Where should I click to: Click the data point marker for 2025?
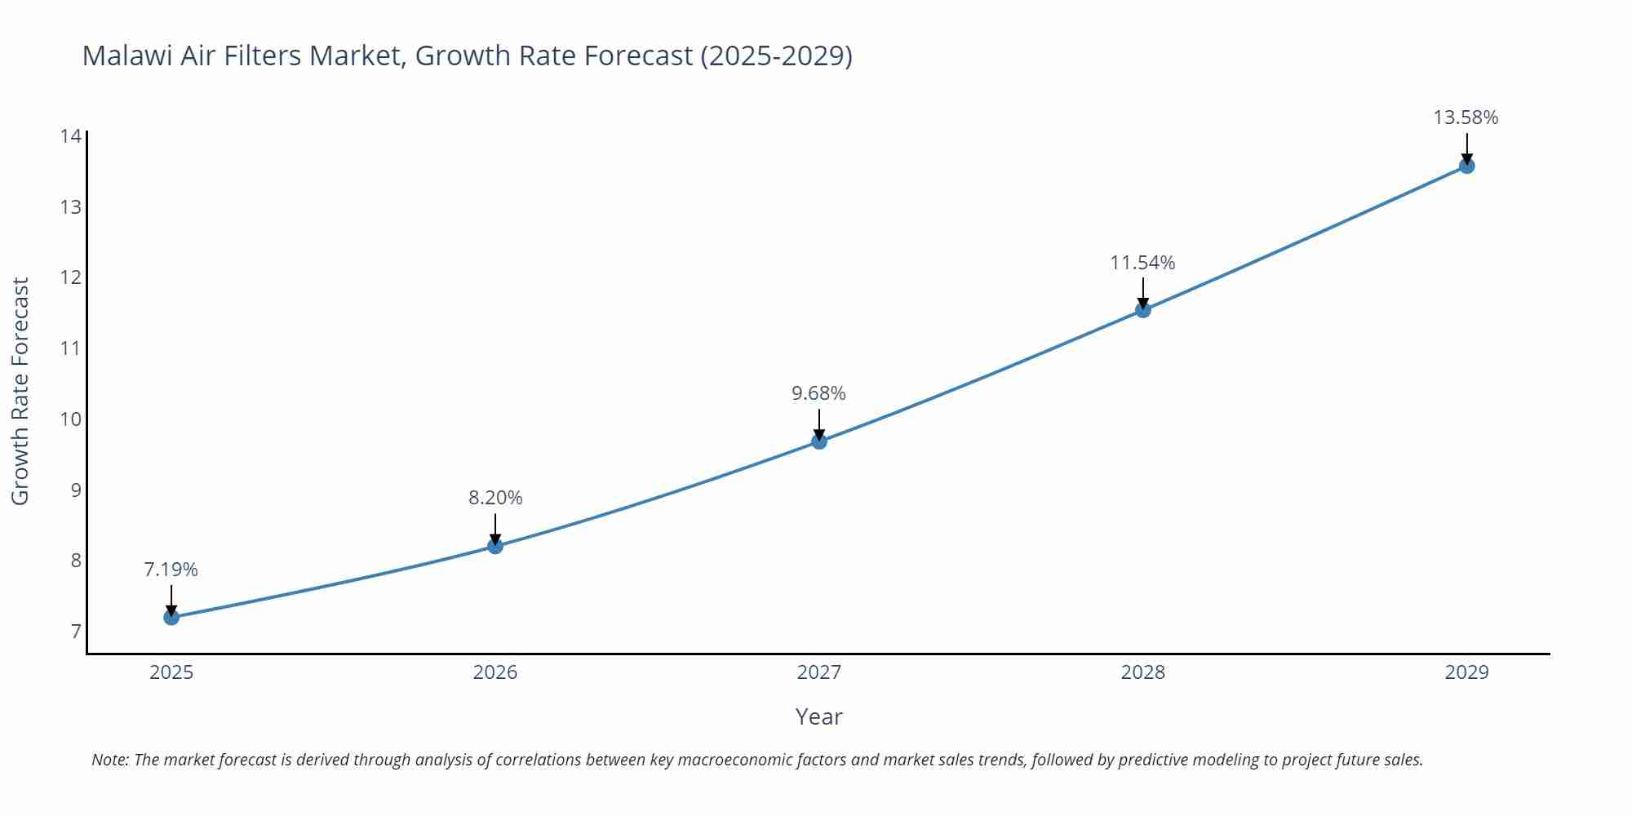click(x=171, y=618)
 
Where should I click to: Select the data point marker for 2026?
click(x=495, y=546)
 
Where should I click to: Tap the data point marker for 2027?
click(x=819, y=441)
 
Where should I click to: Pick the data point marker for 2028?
click(x=1143, y=310)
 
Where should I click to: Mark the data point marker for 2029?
click(x=1466, y=166)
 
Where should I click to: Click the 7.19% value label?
click(x=171, y=570)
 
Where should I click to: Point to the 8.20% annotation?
click(x=495, y=498)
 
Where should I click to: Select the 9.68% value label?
click(x=818, y=393)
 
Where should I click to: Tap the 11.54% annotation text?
click(x=1142, y=263)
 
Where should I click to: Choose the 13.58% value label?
click(x=1466, y=118)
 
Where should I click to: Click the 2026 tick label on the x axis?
click(x=495, y=672)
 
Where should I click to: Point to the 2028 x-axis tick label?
click(x=1142, y=672)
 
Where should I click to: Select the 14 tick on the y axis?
click(x=71, y=135)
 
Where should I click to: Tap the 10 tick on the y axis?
click(x=71, y=419)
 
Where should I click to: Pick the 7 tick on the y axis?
click(x=76, y=632)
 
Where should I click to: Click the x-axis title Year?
click(x=818, y=716)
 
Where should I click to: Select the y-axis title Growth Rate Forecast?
click(x=20, y=391)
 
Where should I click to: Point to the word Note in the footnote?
click(x=109, y=760)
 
